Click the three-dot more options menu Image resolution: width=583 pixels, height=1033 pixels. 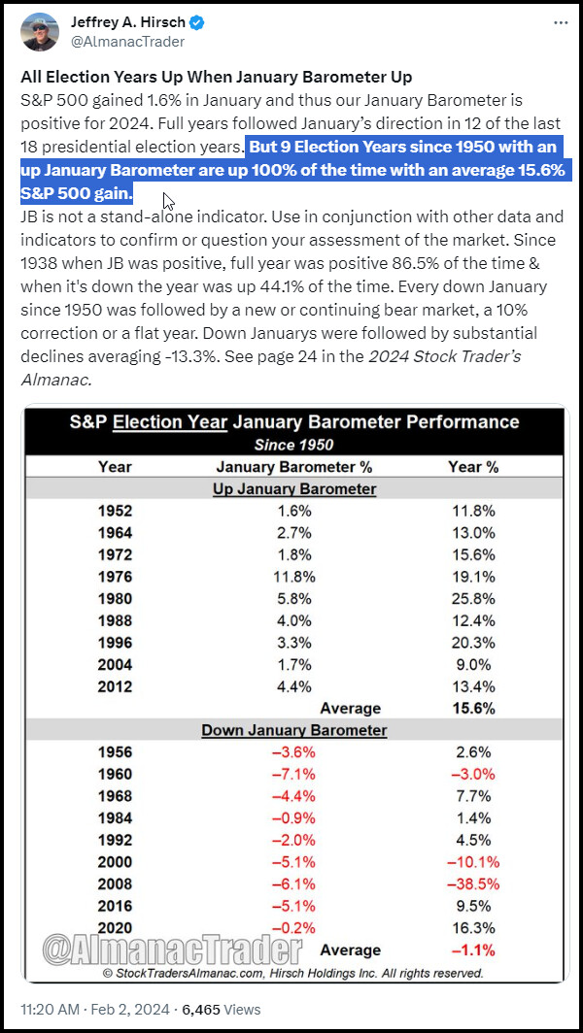pyautogui.click(x=561, y=22)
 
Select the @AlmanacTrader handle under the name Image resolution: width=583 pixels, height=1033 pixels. pyautogui.click(x=127, y=42)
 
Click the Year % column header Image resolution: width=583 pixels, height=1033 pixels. pyautogui.click(x=472, y=467)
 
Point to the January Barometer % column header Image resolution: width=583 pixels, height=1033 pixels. pyautogui.click(x=294, y=467)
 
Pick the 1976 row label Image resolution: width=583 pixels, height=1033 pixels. pyautogui.click(x=115, y=577)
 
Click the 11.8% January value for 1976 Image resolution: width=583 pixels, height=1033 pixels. pyautogui.click(x=294, y=577)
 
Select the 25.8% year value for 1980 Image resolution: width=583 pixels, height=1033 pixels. pyautogui.click(x=472, y=598)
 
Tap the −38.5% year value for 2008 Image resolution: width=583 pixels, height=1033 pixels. pyautogui.click(x=472, y=883)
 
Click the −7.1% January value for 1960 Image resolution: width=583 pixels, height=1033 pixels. pyautogui.click(x=294, y=774)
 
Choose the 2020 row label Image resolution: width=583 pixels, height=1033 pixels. pyautogui.click(x=115, y=927)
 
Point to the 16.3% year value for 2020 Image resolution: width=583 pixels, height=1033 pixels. pyautogui.click(x=472, y=927)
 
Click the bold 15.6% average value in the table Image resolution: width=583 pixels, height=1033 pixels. pyautogui.click(x=472, y=708)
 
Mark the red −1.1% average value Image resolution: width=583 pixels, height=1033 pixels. pyautogui.click(x=472, y=950)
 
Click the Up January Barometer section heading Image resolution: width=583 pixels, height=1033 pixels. pyautogui.click(x=294, y=488)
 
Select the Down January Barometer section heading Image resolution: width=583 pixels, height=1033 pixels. pyautogui.click(x=294, y=730)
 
